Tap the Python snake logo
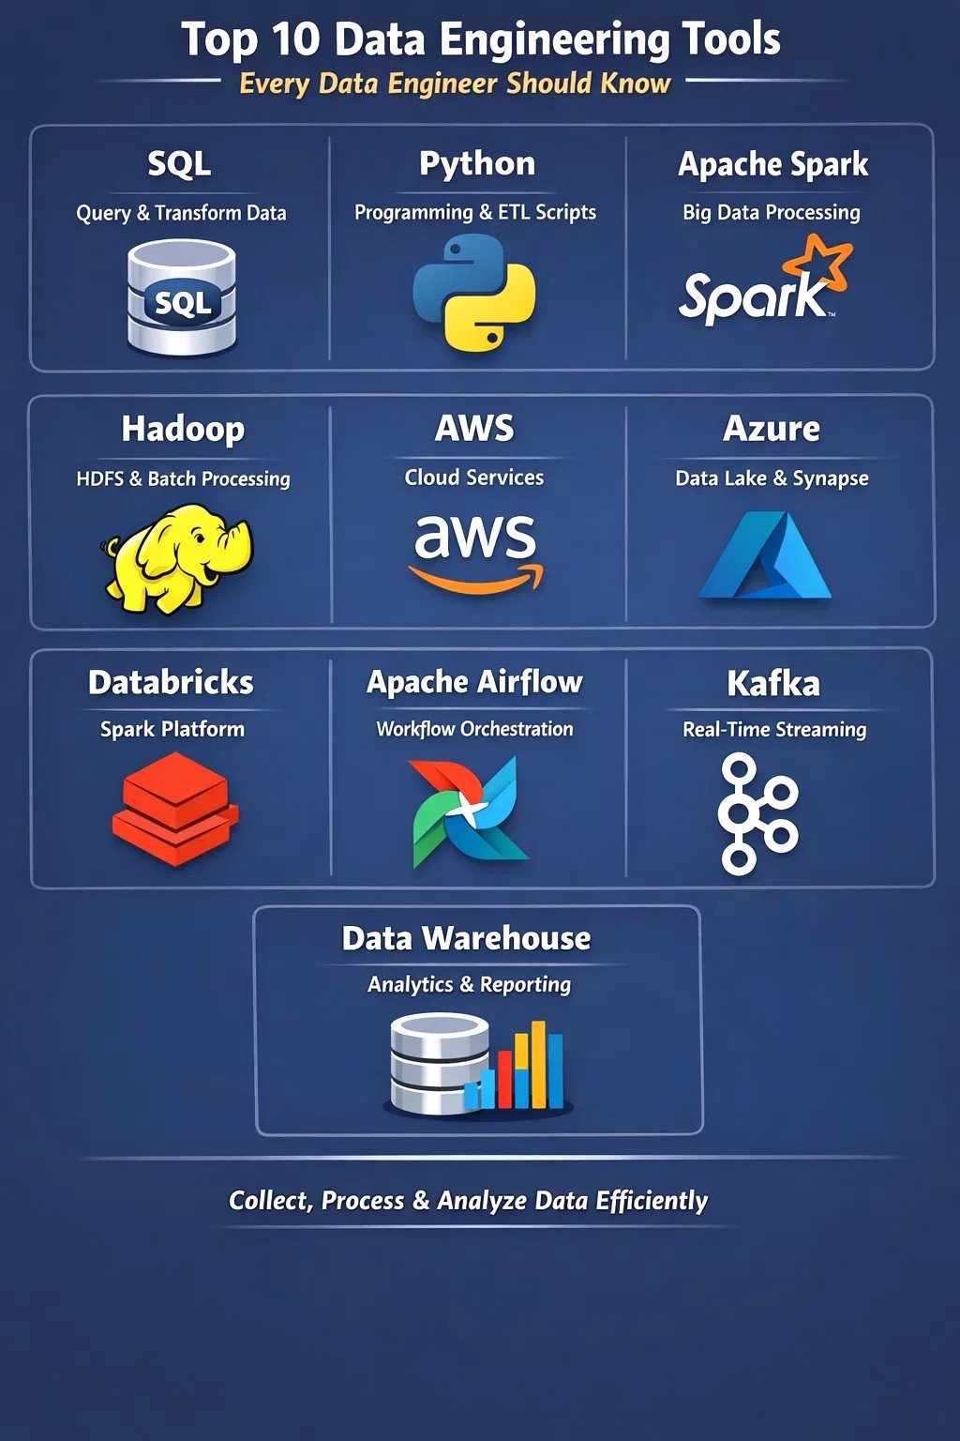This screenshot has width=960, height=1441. [x=474, y=292]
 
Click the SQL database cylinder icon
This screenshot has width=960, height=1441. [x=182, y=297]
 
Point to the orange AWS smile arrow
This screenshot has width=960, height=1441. [x=475, y=578]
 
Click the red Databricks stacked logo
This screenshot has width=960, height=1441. [x=175, y=808]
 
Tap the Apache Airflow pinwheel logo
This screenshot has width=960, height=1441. [x=470, y=812]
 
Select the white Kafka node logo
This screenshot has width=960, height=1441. [x=757, y=813]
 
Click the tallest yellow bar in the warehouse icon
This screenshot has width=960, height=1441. [x=538, y=1064]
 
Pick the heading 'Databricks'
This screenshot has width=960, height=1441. [x=171, y=683]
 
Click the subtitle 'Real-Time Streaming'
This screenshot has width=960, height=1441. [x=774, y=730]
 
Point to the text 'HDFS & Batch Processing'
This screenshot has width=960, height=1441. [x=183, y=478]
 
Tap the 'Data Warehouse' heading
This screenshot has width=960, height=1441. [x=466, y=938]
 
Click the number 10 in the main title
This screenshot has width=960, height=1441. [x=295, y=38]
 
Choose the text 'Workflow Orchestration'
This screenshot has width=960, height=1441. [x=474, y=729]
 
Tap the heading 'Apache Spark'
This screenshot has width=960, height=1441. [x=772, y=165]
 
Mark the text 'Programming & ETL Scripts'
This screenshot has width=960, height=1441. [x=475, y=212]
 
